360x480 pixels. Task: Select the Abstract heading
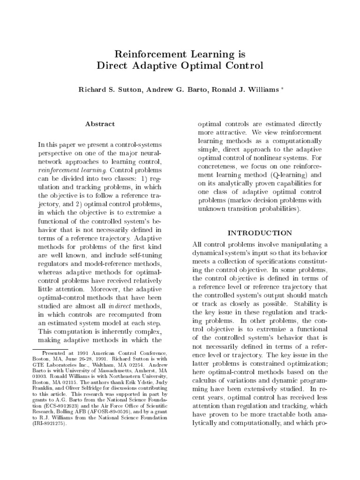point(100,124)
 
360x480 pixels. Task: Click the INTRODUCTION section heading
point(260,233)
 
